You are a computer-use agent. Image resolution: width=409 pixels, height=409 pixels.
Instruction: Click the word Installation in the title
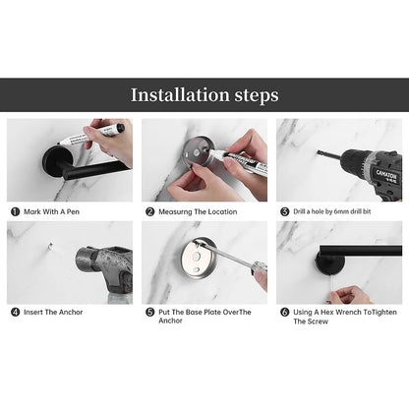(x=180, y=95)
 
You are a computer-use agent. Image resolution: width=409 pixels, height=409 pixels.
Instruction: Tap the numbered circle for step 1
(x=15, y=210)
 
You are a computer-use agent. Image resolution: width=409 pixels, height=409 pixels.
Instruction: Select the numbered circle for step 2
(x=149, y=210)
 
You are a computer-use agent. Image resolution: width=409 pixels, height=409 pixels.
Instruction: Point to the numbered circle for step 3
(x=284, y=210)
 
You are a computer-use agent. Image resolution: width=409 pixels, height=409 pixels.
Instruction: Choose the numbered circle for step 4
(x=15, y=312)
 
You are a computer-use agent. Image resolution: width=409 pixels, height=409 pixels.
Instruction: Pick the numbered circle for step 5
(x=149, y=312)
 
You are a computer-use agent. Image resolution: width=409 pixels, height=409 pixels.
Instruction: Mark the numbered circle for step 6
(x=284, y=312)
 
